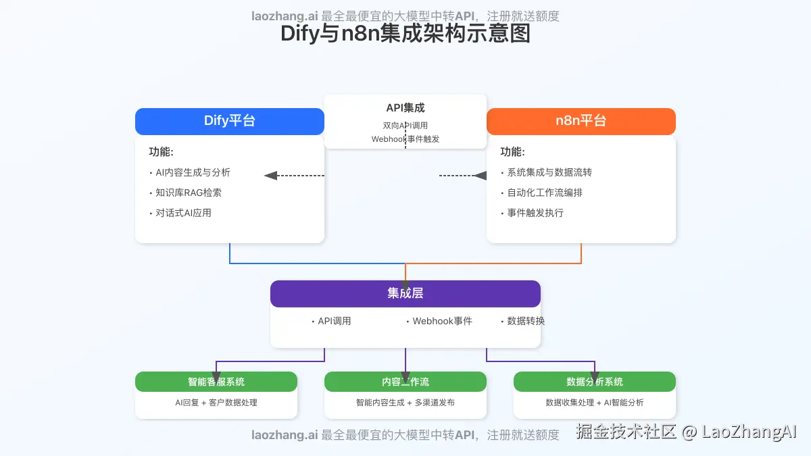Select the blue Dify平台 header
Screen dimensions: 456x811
pyautogui.click(x=230, y=122)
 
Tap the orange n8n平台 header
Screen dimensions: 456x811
pyautogui.click(x=581, y=122)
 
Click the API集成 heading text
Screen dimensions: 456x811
pyautogui.click(x=405, y=108)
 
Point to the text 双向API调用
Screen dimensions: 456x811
pyautogui.click(x=405, y=126)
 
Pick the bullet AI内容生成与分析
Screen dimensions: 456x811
pyautogui.click(x=193, y=172)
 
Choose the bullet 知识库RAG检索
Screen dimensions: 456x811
pyautogui.click(x=189, y=193)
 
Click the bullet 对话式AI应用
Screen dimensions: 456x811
pyautogui.click(x=183, y=213)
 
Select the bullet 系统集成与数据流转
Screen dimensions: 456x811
pyautogui.click(x=549, y=172)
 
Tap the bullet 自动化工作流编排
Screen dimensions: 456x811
pyautogui.click(x=545, y=193)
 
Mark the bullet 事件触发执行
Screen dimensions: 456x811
pyautogui.click(x=535, y=213)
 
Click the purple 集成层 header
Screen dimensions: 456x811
pyautogui.click(x=405, y=293)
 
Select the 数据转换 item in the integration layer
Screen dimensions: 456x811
pyautogui.click(x=526, y=321)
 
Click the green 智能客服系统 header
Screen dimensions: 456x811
pyautogui.click(x=216, y=382)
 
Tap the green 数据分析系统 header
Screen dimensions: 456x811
pyautogui.click(x=595, y=382)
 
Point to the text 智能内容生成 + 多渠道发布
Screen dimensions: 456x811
pyautogui.click(x=405, y=403)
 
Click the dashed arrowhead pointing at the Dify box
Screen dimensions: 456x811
pyautogui.click(x=271, y=176)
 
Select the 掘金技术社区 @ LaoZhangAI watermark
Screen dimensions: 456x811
pyautogui.click(x=687, y=432)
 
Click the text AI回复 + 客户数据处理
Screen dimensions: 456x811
pyautogui.click(x=216, y=403)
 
